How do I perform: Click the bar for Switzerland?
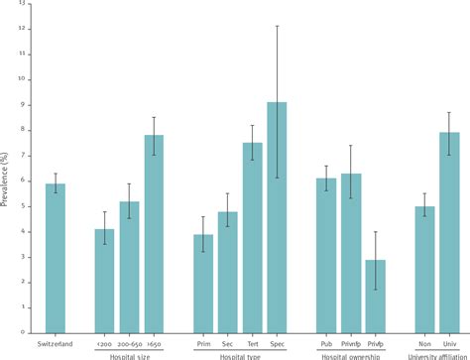[56, 258]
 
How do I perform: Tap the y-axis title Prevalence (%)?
[9, 170]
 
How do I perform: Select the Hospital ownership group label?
[351, 355]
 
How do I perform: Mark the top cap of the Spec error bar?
[278, 26]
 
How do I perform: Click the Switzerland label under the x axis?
[56, 343]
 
